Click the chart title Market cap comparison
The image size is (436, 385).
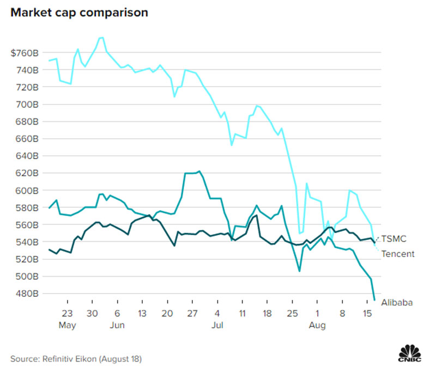click(x=79, y=13)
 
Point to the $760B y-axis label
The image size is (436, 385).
click(x=25, y=53)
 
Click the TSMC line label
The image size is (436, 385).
click(x=393, y=239)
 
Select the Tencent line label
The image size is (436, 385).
click(x=397, y=254)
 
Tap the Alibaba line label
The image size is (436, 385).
click(x=396, y=302)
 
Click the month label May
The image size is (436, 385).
click(x=68, y=326)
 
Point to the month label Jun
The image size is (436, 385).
click(x=117, y=326)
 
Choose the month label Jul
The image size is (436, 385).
click(x=217, y=326)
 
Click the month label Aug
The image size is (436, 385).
click(x=317, y=326)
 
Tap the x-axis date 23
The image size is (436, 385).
click(x=68, y=314)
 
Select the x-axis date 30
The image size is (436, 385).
click(x=92, y=314)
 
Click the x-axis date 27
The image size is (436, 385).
click(x=192, y=314)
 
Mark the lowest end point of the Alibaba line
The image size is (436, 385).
click(x=374, y=299)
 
